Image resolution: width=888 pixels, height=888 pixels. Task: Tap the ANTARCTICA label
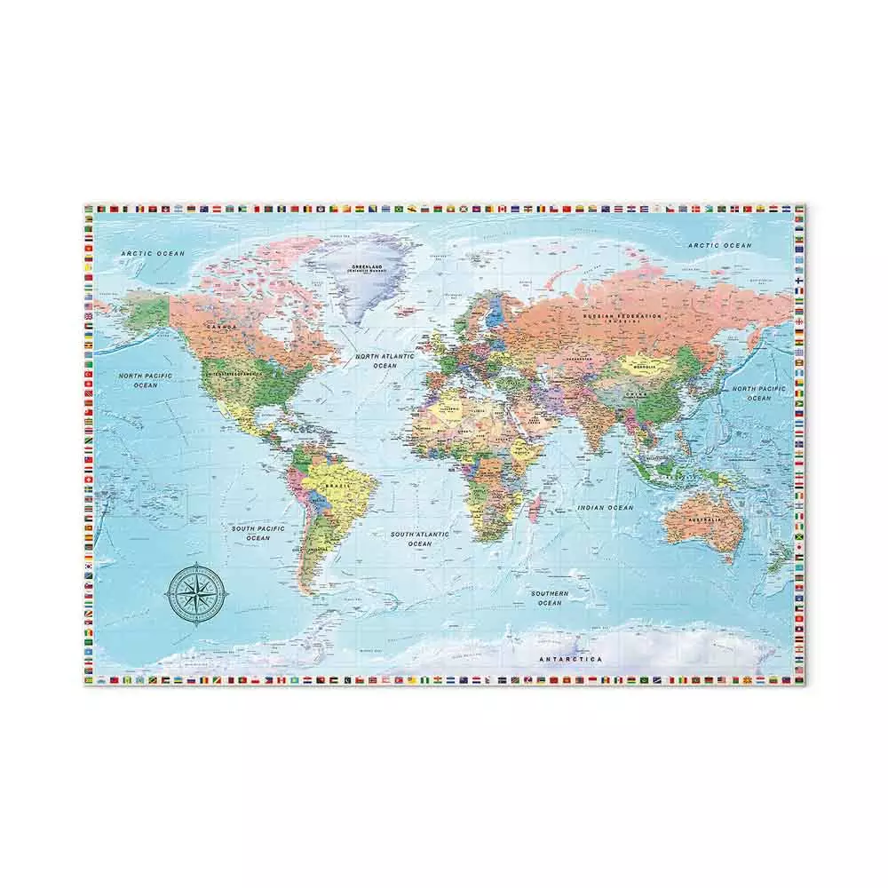coord(572,659)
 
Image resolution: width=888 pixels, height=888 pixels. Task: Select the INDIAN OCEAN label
coord(605,507)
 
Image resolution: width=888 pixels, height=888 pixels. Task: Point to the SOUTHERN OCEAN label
coord(550,598)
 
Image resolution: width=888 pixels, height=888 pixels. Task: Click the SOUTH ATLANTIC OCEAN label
coord(421,538)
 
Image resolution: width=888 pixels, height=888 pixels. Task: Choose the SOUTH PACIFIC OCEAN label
coord(258,533)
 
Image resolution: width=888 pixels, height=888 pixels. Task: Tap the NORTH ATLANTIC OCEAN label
coord(385,360)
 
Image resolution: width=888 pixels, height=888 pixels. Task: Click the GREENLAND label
coord(366,268)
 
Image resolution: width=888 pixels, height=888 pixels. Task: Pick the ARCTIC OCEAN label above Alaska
coord(153,254)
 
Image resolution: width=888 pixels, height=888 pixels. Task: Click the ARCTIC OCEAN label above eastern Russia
coord(719,245)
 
